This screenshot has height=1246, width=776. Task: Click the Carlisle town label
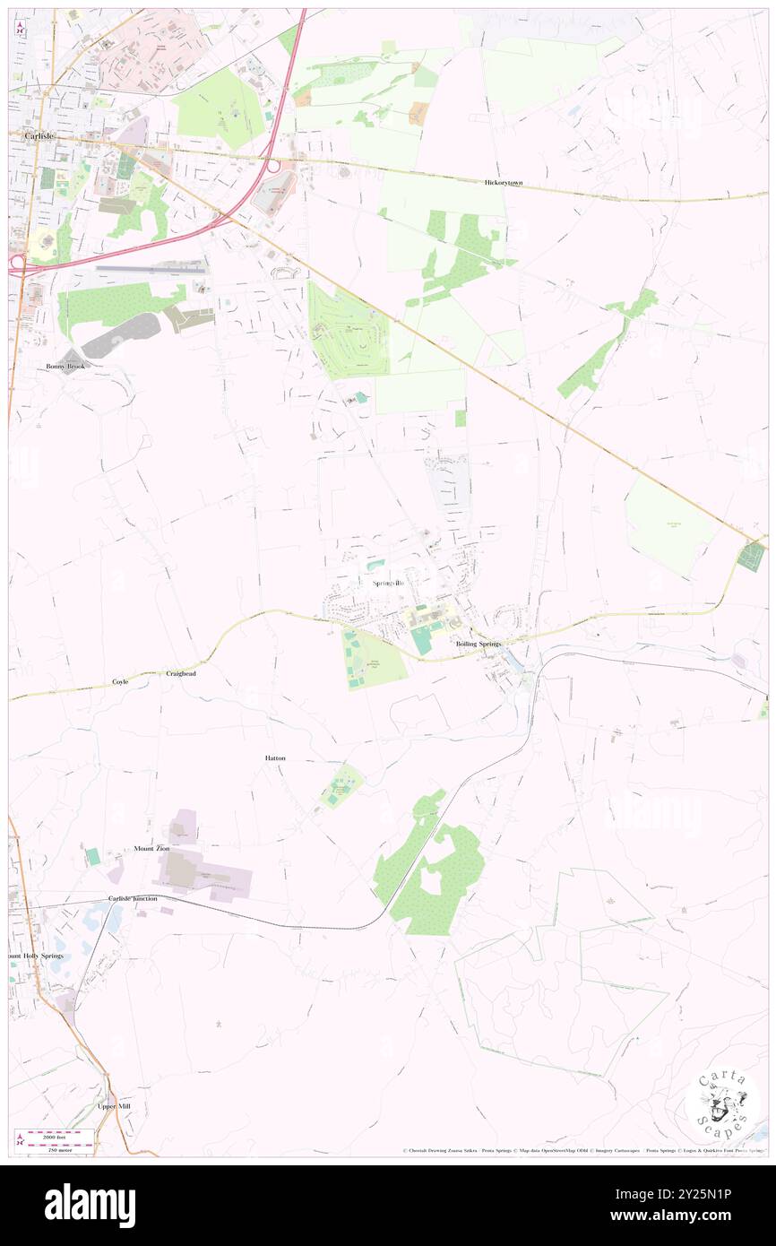32,134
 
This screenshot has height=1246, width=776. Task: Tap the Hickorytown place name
503,182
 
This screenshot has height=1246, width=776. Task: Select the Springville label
388,583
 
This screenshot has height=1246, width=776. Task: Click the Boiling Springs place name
478,644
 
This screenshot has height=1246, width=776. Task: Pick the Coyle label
120,681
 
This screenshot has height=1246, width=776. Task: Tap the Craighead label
180,672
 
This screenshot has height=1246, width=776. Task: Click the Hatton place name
275,758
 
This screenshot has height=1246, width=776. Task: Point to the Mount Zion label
151,847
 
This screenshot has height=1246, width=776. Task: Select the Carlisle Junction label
133,898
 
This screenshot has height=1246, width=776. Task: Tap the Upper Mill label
114,1106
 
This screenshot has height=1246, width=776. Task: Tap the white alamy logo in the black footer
90,1205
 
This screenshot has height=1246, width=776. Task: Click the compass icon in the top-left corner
20,28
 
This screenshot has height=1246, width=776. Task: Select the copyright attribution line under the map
582,1150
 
